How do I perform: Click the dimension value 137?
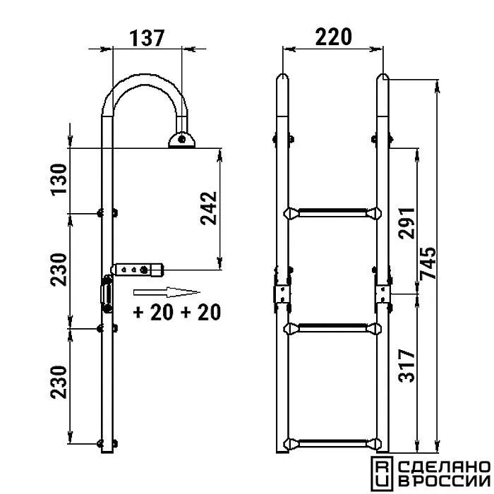tap(147, 38)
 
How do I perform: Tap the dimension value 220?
tap(333, 37)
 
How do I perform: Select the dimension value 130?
tap(59, 180)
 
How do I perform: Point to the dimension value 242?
tap(209, 208)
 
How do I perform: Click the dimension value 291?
tap(406, 223)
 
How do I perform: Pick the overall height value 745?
tap(428, 263)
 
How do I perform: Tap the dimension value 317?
tap(406, 366)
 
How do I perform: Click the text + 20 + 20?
tap(176, 312)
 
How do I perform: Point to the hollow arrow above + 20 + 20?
tap(167, 292)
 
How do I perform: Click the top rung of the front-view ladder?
tap(332, 213)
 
